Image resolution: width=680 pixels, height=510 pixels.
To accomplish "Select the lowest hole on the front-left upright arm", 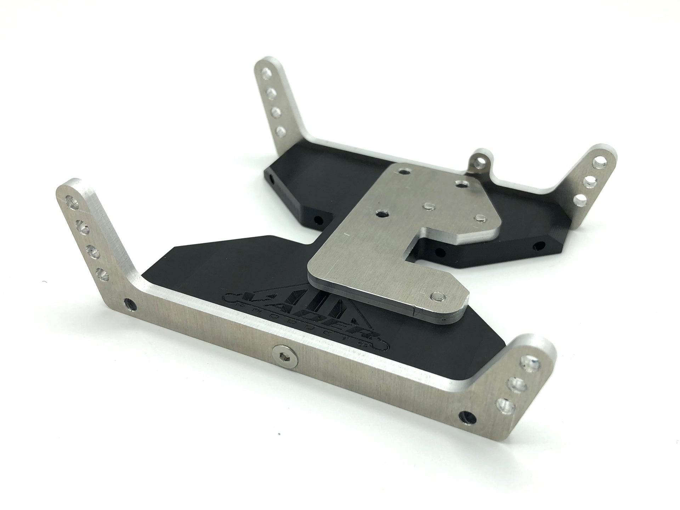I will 102,273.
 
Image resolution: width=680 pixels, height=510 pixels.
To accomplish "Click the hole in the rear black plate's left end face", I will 272,176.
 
